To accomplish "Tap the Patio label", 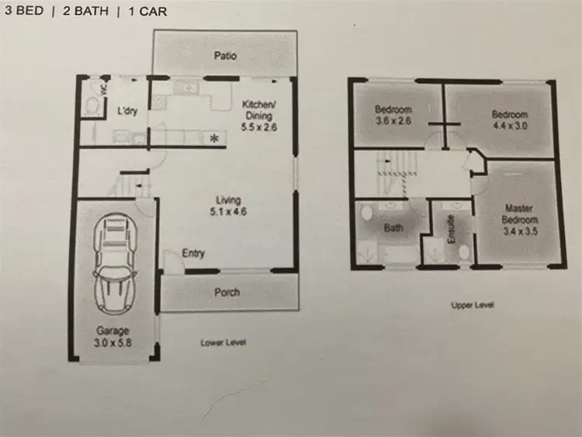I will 225,56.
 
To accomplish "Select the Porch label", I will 227,293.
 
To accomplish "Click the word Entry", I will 193,254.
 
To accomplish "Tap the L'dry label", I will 127,111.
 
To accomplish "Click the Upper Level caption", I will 473,305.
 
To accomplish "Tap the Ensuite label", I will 451,231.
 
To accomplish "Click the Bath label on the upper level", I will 393,229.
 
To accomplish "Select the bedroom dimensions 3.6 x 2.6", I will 394,121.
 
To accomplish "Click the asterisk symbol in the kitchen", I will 214,139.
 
